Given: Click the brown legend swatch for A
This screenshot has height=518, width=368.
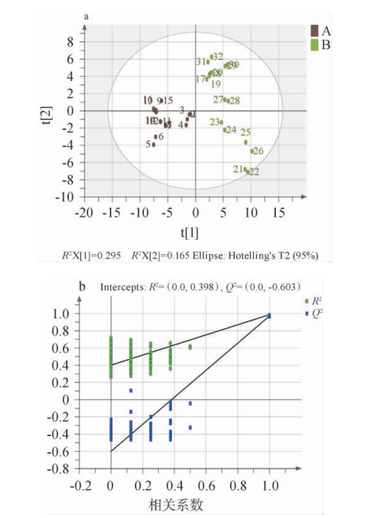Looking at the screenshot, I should coord(315,30).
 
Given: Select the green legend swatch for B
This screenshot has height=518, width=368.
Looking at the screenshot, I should coord(315,44).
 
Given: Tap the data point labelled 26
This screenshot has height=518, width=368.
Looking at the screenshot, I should coord(252,151).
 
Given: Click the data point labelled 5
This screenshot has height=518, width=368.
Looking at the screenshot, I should coord(154,145).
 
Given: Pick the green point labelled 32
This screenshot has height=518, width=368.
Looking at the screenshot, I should coord(212,57).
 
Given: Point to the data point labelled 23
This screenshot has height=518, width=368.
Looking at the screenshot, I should coord(222,122).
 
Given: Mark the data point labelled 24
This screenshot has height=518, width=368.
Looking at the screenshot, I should coord(225,130).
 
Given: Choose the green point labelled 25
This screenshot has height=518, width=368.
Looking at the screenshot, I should coord(246,142).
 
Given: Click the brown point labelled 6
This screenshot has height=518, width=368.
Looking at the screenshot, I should coord(156,137).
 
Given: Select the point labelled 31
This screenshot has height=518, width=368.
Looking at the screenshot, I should coord(208,62).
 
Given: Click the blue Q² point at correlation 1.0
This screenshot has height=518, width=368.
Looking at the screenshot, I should coord(270,317).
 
